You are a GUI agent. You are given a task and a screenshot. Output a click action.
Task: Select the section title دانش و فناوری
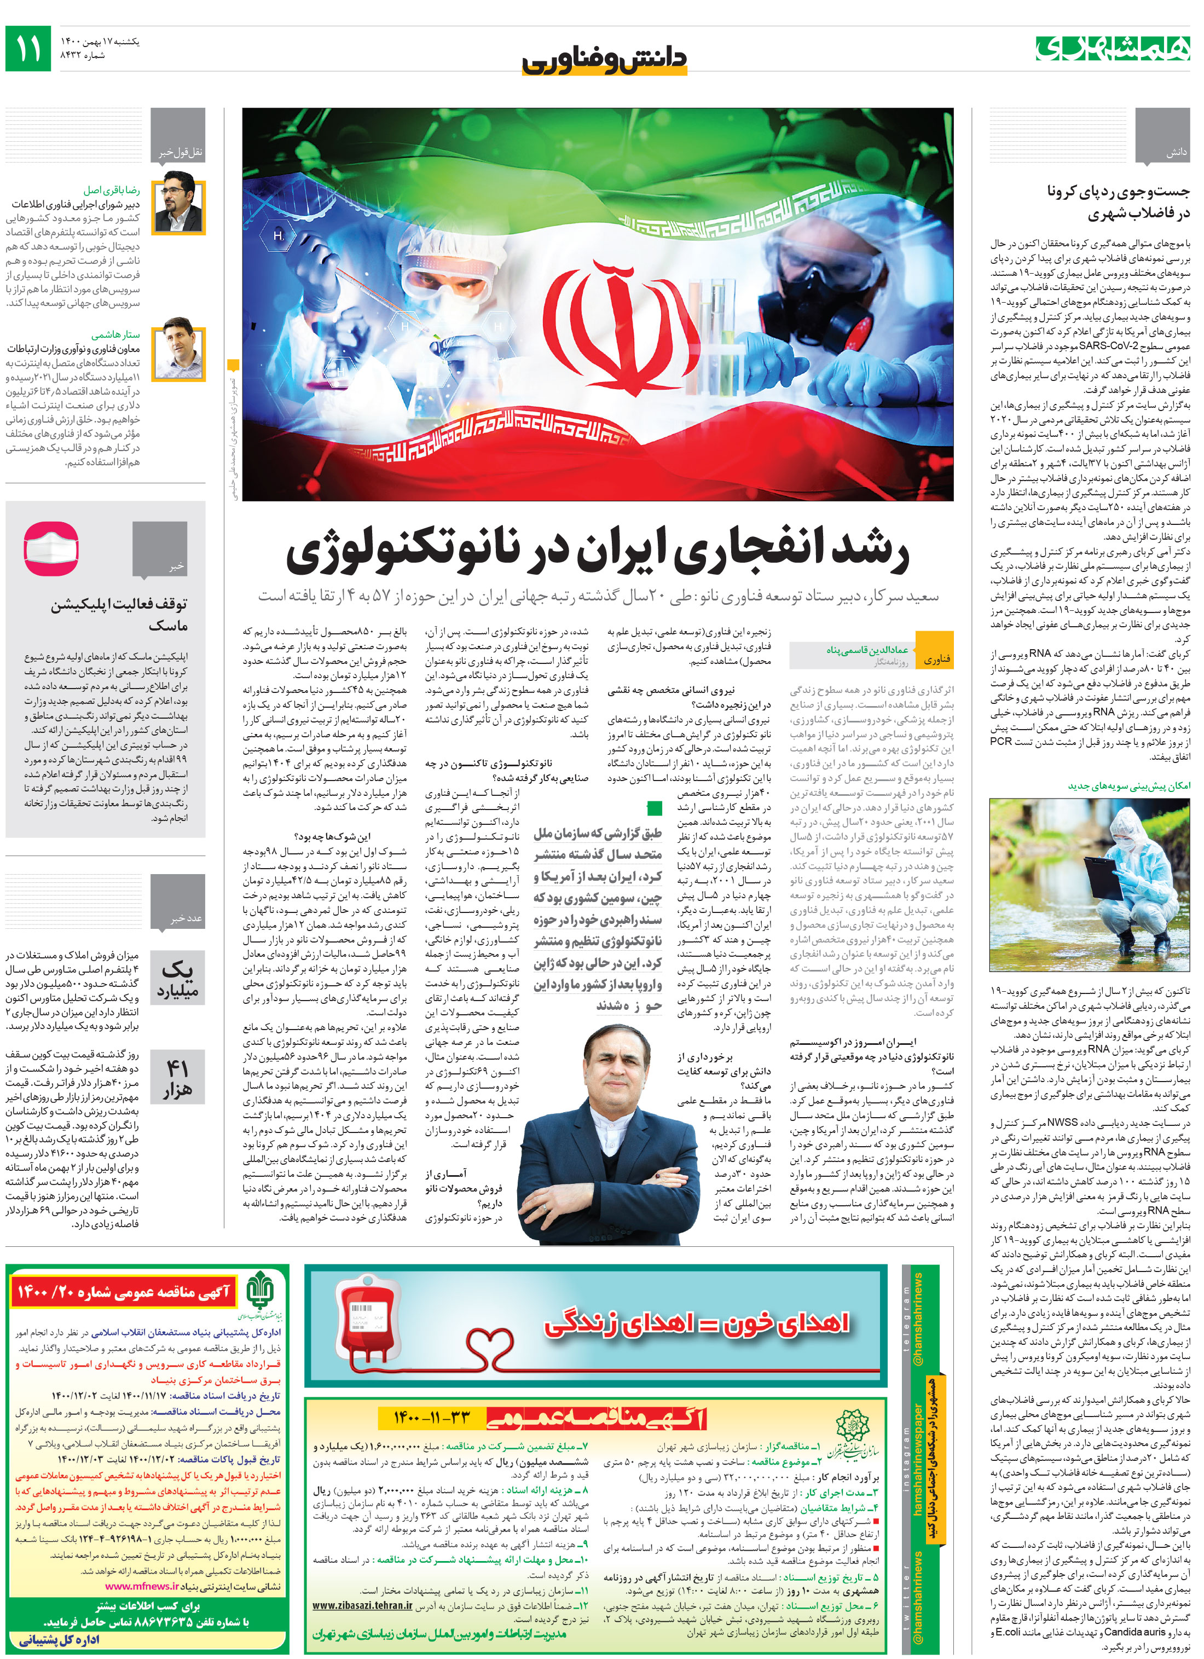click(604, 59)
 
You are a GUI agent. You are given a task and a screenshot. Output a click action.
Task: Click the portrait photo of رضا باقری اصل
click(178, 202)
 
